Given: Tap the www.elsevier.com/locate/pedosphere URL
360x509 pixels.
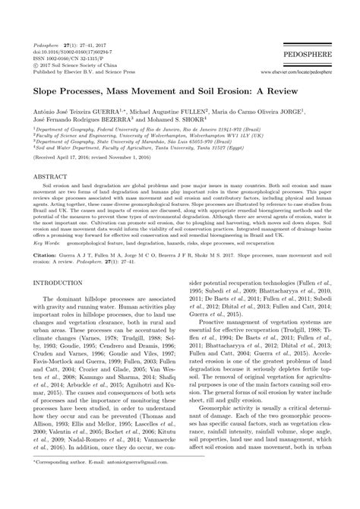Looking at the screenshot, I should click(298, 72).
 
